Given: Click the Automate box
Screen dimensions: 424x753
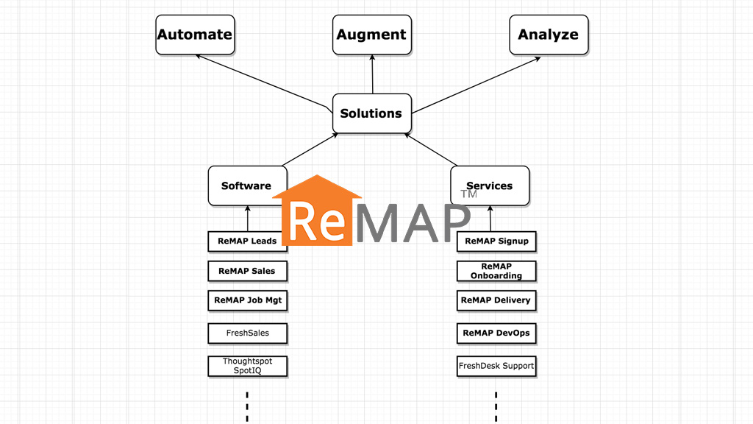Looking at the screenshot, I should (x=194, y=35).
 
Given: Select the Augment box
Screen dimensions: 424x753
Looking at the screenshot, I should (x=371, y=35).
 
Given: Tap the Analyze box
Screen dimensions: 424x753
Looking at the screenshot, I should (x=549, y=35).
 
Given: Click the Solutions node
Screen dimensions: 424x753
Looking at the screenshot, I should (x=371, y=113).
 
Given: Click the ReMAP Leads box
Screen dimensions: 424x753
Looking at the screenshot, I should (x=247, y=241).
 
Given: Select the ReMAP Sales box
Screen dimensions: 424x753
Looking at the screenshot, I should (x=247, y=271).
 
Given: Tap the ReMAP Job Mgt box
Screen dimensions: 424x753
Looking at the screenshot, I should (x=247, y=300).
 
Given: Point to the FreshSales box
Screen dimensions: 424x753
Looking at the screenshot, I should (x=247, y=333).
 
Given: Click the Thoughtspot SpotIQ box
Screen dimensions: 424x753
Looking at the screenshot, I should (x=247, y=366).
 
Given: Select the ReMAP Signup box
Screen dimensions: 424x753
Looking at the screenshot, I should (x=496, y=241).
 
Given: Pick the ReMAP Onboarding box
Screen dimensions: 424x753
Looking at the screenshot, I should (x=496, y=271).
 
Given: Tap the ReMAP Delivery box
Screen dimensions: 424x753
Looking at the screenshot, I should (x=496, y=300).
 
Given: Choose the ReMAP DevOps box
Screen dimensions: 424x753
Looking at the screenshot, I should (x=496, y=333).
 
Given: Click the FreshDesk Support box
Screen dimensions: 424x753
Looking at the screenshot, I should (x=496, y=366).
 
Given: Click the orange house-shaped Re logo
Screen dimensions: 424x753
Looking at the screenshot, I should (x=317, y=213).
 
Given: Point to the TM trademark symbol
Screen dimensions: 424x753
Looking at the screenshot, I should (x=468, y=194).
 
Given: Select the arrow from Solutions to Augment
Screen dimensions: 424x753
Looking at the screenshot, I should (x=372, y=74).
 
